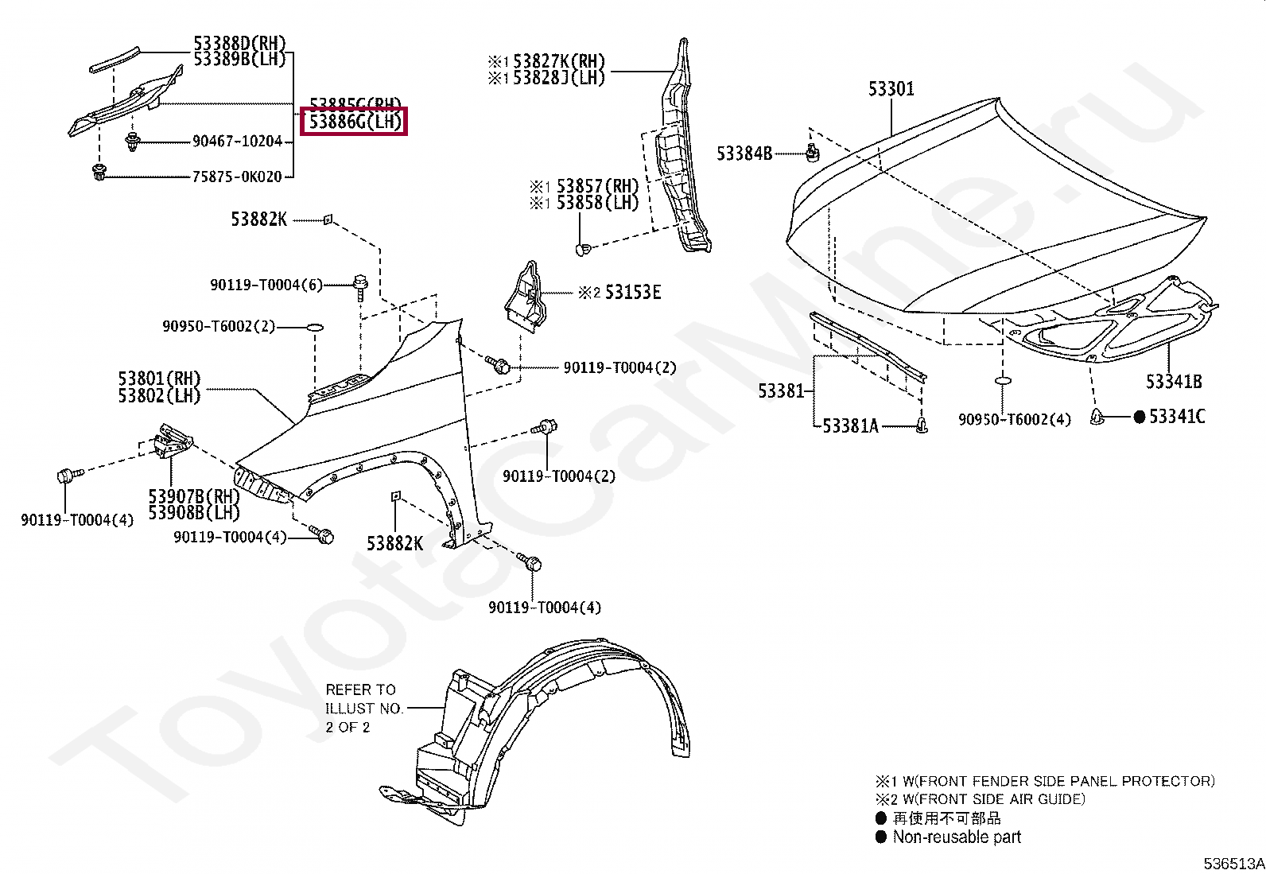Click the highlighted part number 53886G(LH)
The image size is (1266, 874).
click(x=355, y=122)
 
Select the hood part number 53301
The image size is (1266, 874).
click(x=891, y=88)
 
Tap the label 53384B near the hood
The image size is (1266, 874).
click(x=744, y=153)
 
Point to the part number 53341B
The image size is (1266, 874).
click(x=1173, y=382)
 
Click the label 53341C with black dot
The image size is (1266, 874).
click(x=1176, y=416)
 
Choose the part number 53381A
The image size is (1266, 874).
click(x=849, y=426)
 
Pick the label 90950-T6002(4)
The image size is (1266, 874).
click(x=1014, y=419)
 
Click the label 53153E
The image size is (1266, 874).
click(x=632, y=293)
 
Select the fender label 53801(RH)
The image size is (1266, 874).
click(x=159, y=379)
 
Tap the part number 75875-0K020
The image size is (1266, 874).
click(x=237, y=177)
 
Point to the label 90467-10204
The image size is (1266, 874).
click(x=237, y=142)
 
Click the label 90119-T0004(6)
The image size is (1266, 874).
click(x=266, y=285)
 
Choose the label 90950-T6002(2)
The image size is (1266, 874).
click(x=219, y=326)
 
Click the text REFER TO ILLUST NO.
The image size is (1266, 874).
click(x=363, y=699)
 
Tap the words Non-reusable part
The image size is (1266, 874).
click(x=956, y=837)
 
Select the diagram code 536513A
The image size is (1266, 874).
click(x=1233, y=864)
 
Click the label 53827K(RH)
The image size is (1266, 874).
click(x=558, y=61)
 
